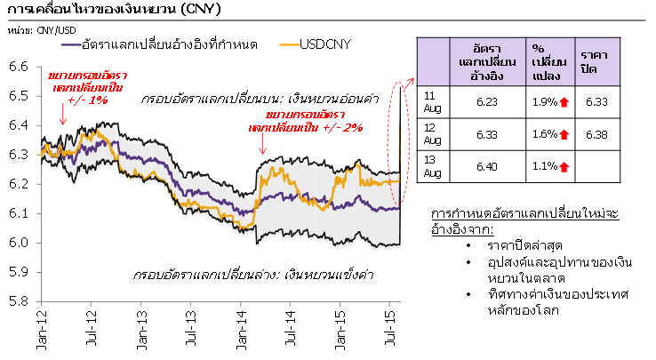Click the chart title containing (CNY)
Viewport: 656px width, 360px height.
pyautogui.click(x=111, y=11)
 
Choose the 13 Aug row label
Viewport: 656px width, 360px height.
pyautogui.click(x=430, y=166)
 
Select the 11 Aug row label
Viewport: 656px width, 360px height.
pyautogui.click(x=430, y=103)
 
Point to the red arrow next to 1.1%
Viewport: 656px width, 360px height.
pyautogui.click(x=563, y=166)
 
